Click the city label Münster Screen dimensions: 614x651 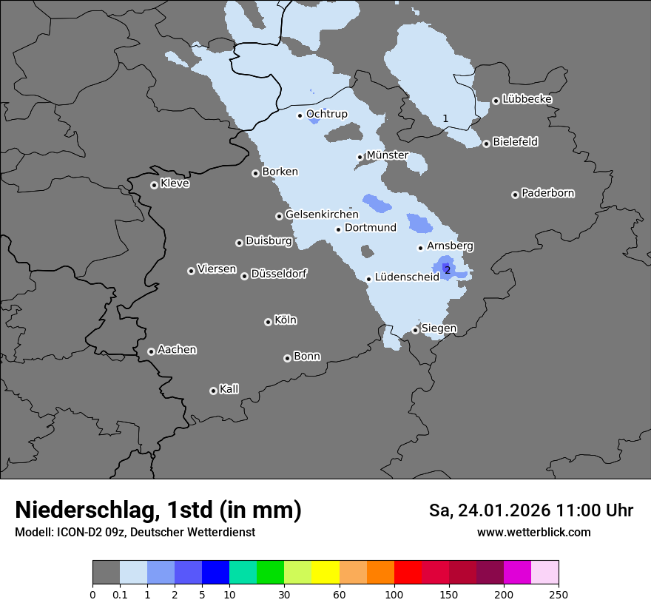coord(388,155)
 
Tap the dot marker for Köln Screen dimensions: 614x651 coord(268,322)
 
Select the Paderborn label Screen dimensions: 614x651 coord(548,193)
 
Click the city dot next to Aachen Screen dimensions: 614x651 coord(151,351)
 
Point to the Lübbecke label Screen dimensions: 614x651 coord(527,99)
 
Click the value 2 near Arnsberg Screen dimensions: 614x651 coord(448,271)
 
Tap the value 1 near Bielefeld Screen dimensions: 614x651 coord(445,118)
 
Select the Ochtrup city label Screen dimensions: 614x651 coord(327,114)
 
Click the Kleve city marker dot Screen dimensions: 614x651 coord(154,185)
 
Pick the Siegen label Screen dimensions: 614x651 coord(439,328)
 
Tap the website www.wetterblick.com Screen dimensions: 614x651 coord(534,532)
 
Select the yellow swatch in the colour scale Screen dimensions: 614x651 coord(325,573)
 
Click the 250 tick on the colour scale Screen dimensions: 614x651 coord(558,594)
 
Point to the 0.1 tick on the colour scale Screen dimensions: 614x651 coord(120,594)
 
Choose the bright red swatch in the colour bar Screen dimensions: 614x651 coord(408,573)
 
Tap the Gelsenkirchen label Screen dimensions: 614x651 coord(322,215)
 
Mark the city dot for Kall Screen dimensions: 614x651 coord(213,391)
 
